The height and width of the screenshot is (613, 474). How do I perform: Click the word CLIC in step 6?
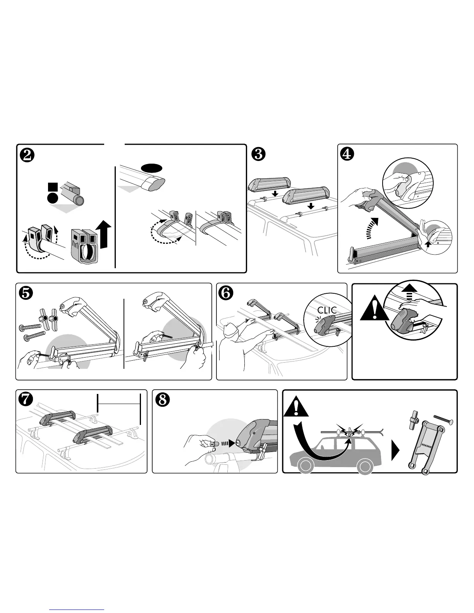(x=328, y=310)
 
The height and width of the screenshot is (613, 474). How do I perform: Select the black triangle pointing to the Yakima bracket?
(x=395, y=452)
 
